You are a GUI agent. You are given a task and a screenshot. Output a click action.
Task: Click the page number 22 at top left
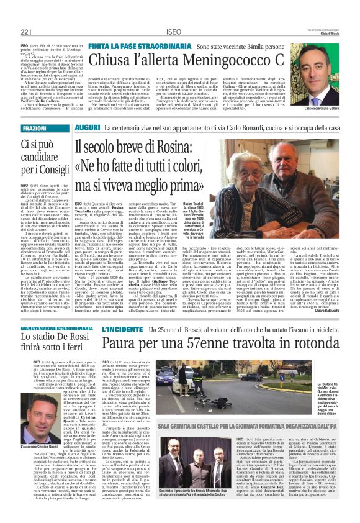[24, 32]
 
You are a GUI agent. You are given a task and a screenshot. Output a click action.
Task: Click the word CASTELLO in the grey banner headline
[219, 409]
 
